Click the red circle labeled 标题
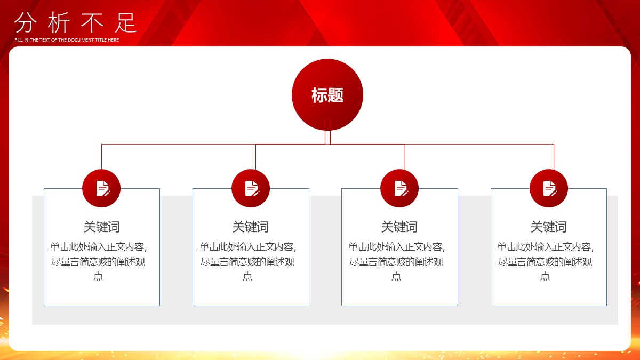coord(327,94)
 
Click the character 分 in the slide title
coord(26,22)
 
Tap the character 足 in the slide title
coord(126,22)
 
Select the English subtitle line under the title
coord(67,40)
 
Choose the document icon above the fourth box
coord(549,188)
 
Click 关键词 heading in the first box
coord(102,227)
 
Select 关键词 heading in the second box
coord(251,227)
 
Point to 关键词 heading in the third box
coord(399,227)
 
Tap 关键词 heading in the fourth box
coord(549,227)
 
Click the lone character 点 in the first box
coord(98,276)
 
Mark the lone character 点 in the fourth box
coord(545,276)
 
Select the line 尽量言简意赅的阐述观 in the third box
coord(396,262)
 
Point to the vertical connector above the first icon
coord(102,157)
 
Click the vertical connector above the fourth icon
coord(554,157)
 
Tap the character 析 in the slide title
coord(59,22)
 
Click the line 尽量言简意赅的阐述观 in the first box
coord(98,262)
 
